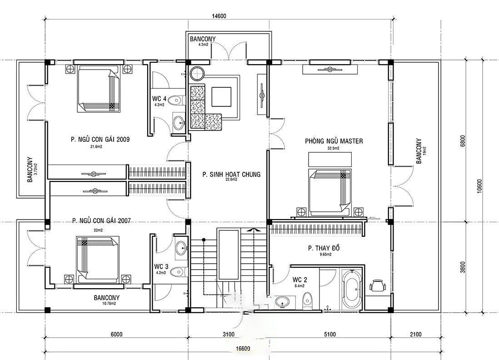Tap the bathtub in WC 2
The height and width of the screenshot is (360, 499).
click(x=352, y=290)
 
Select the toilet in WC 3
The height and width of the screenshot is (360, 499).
click(x=177, y=272)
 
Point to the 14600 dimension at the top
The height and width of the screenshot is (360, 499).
click(x=219, y=16)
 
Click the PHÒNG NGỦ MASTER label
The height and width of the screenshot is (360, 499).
click(x=334, y=141)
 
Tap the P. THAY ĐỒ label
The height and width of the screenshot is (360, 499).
click(x=324, y=248)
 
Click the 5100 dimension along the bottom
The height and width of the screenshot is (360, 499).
click(x=329, y=334)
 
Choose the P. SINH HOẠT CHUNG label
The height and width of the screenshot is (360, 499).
click(x=231, y=175)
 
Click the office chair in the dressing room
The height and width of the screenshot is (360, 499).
click(x=378, y=285)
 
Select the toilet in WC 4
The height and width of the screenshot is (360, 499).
click(x=176, y=100)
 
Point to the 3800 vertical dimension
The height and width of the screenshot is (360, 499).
click(x=463, y=267)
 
